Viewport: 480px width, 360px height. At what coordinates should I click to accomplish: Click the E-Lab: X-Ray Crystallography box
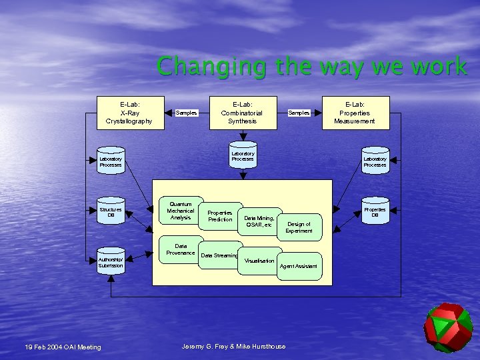pos(129,112)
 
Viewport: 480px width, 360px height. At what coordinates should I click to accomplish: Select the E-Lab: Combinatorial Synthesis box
pos(242,112)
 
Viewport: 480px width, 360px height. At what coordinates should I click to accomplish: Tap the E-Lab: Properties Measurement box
pos(354,112)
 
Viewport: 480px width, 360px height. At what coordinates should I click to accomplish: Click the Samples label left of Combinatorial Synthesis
pos(186,113)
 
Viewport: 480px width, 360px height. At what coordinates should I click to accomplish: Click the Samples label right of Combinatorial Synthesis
pos(299,113)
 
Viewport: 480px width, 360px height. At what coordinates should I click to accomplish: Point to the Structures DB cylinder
pos(111,213)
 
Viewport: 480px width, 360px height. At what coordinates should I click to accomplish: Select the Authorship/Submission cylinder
pos(111,262)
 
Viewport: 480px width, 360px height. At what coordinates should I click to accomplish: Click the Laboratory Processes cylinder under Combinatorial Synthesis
pos(243,157)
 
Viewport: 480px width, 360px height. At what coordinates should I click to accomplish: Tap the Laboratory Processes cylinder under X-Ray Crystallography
pos(111,161)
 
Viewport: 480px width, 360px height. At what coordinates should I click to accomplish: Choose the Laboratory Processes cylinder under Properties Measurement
pos(375,161)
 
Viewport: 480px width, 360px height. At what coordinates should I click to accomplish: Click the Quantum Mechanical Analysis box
pos(181,210)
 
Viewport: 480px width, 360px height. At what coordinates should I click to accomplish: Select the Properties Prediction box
pos(220,215)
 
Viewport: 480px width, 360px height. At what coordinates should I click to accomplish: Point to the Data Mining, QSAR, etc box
pos(259,221)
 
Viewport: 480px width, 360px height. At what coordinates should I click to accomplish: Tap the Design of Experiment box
pos(299,227)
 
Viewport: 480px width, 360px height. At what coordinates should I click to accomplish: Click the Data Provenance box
pos(181,249)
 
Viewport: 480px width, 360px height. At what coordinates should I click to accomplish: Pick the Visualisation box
pos(259,260)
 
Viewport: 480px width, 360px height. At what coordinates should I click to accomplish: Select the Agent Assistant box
pos(299,266)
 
